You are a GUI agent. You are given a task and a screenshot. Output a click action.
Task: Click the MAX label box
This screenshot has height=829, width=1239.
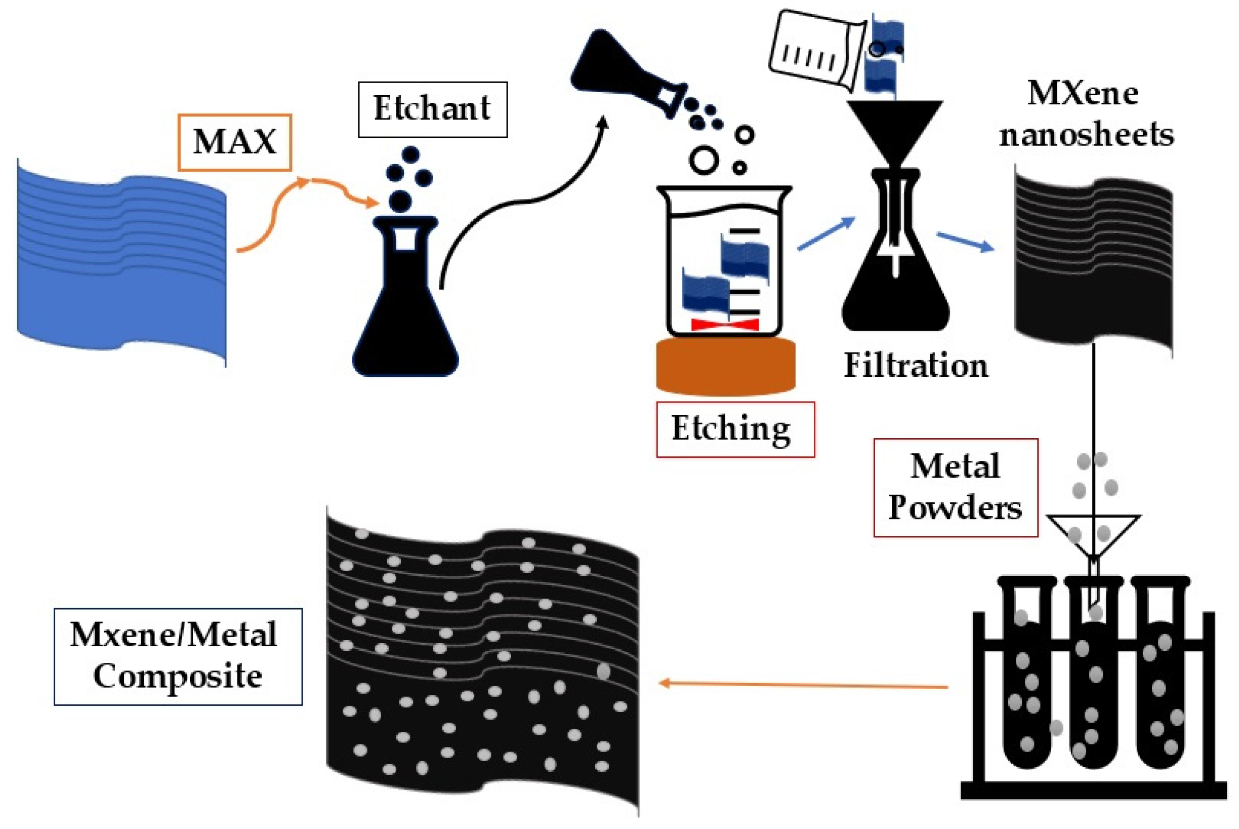(234, 142)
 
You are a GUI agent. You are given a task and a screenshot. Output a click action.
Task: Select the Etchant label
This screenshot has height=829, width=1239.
(432, 109)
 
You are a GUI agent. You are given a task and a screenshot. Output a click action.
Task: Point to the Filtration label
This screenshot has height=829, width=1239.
(916, 365)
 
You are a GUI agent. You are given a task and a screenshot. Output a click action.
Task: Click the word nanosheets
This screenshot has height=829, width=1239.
(1086, 134)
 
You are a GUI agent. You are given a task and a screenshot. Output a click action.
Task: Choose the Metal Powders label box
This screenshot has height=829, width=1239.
(955, 487)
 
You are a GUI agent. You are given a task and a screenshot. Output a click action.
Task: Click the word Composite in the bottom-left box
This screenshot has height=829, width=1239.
(177, 676)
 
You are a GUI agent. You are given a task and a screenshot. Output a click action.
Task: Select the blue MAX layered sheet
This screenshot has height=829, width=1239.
(121, 264)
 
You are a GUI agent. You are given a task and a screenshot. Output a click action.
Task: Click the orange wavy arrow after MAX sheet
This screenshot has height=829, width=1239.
(296, 206)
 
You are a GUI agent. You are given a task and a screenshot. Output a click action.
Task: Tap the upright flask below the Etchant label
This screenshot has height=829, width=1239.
(405, 317)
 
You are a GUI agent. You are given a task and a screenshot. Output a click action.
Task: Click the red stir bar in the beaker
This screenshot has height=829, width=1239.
(724, 324)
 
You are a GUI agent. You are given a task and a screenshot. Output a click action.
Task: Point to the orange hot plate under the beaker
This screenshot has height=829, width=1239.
(725, 368)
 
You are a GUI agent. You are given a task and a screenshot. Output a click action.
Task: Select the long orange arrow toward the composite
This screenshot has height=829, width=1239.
(803, 685)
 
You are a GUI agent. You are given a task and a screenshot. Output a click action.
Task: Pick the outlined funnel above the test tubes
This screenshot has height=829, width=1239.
(1093, 534)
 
